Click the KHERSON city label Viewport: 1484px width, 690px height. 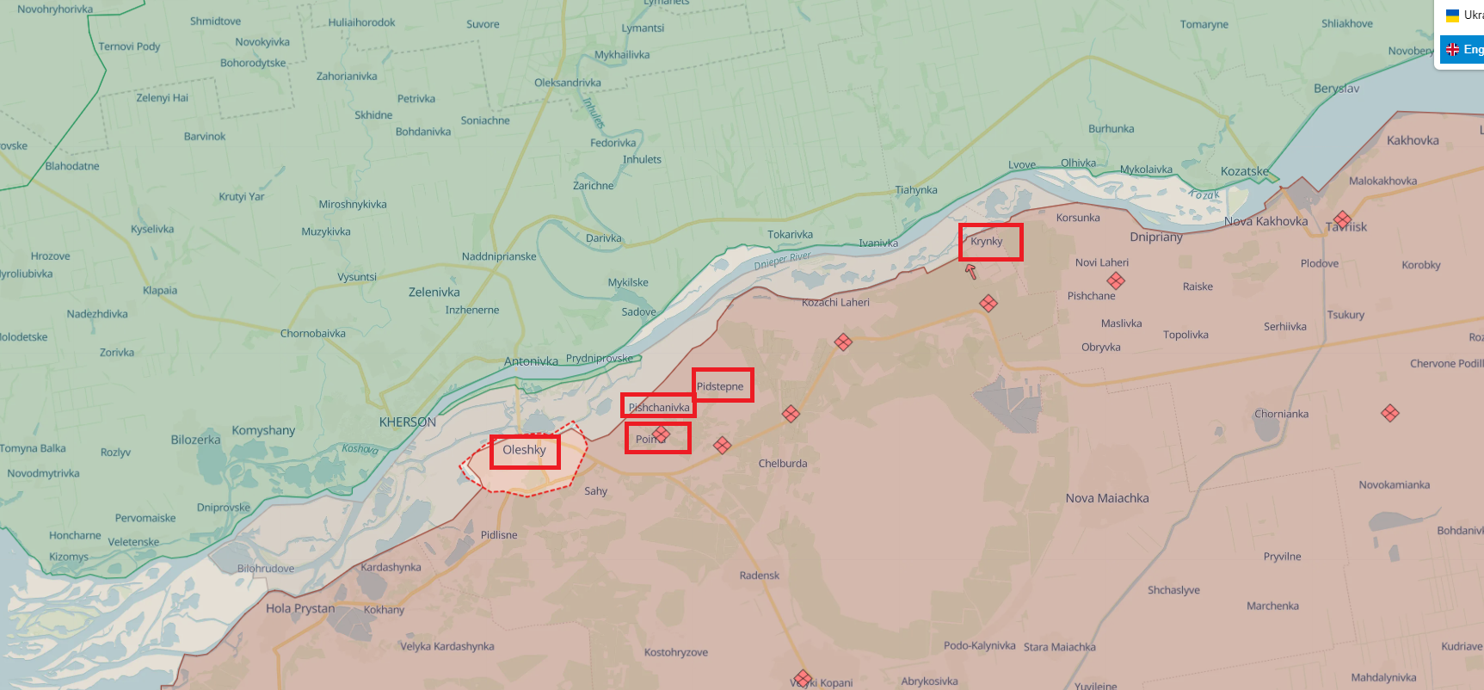click(x=408, y=422)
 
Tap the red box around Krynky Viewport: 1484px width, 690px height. click(x=991, y=243)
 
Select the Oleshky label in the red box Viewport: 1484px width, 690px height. click(x=525, y=450)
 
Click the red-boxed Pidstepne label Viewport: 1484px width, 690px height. click(x=722, y=385)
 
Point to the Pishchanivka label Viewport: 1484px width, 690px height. click(x=659, y=407)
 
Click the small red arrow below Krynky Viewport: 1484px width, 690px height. click(x=971, y=272)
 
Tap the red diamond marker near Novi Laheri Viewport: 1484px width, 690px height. click(x=1116, y=280)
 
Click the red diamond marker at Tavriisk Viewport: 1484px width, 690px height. click(x=1342, y=219)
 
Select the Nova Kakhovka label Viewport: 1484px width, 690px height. click(x=1265, y=222)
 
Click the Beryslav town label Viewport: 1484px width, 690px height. click(x=1336, y=89)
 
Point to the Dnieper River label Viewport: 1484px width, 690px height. click(x=782, y=261)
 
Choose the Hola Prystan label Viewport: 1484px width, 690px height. click(x=300, y=608)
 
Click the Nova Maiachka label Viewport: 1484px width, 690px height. click(x=1107, y=498)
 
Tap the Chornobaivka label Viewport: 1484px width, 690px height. click(x=313, y=334)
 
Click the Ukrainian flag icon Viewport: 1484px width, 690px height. click(x=1453, y=15)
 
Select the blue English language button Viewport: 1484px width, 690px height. click(x=1464, y=49)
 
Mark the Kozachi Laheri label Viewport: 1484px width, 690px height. click(x=835, y=303)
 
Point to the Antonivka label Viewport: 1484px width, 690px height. click(x=531, y=361)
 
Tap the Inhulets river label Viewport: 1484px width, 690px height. click(x=594, y=112)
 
